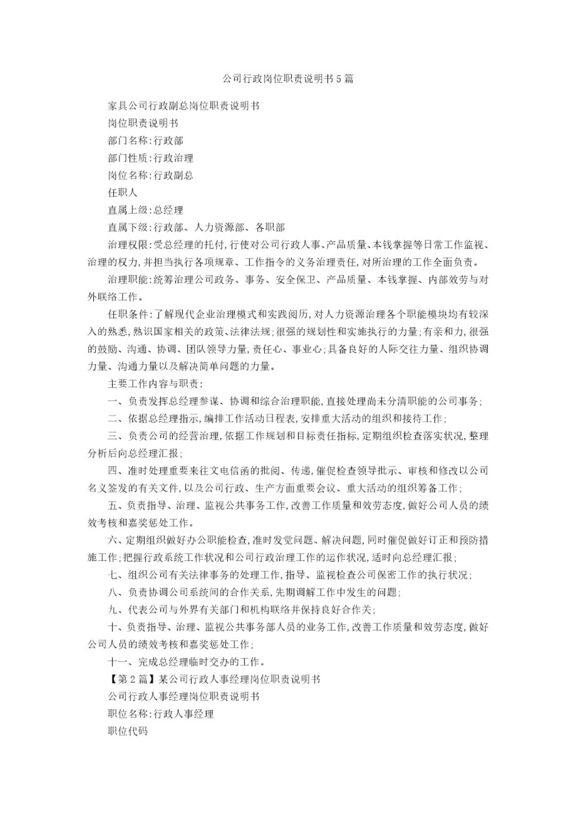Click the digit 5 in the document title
[x=338, y=79]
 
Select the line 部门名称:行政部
[x=145, y=141]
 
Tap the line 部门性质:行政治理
[x=150, y=158]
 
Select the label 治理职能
[x=127, y=280]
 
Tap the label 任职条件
[x=127, y=314]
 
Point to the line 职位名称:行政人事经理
[x=160, y=714]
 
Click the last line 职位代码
[x=127, y=731]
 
